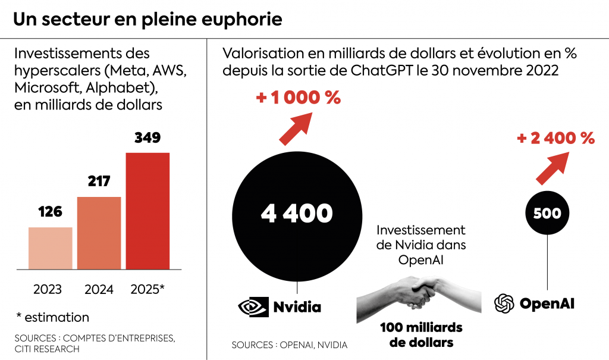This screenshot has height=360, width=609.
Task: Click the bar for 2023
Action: pos(51,248)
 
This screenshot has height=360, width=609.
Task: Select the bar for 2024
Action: pos(99,233)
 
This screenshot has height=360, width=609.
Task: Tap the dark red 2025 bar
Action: pos(147,211)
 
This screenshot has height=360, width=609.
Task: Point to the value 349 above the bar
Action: pos(147,138)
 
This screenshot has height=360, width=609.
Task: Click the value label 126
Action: pos(50,212)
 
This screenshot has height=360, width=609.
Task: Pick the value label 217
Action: pos(99,181)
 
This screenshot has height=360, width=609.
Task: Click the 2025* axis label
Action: pos(147,290)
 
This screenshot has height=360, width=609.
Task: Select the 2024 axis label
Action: pos(99,290)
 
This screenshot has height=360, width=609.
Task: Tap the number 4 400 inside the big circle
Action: pos(296,213)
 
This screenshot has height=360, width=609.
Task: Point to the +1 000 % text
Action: pos(298,98)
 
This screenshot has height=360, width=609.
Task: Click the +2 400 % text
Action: pos(555,139)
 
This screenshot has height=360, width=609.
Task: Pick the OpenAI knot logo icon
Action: pos(504,303)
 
